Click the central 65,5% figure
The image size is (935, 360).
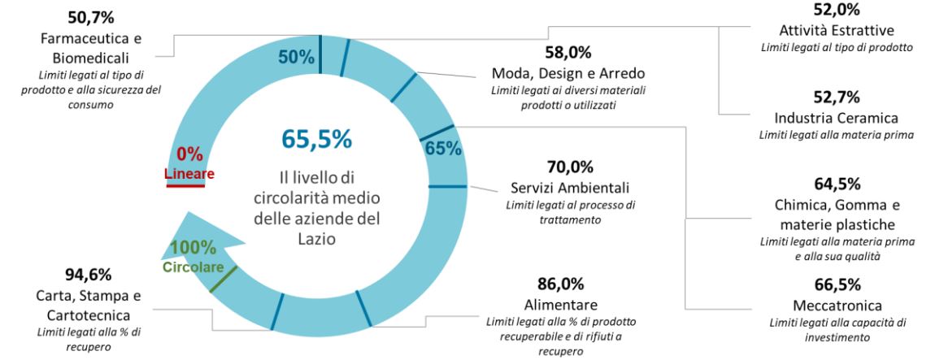pos(317,139)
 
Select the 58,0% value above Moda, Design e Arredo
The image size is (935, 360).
pos(568,54)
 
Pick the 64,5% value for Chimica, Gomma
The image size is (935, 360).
pos(837,184)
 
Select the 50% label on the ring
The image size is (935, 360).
pos(296,57)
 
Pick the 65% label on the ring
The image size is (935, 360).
pos(443,148)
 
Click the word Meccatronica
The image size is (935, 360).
pos(837,306)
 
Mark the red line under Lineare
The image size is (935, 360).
pos(186,185)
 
